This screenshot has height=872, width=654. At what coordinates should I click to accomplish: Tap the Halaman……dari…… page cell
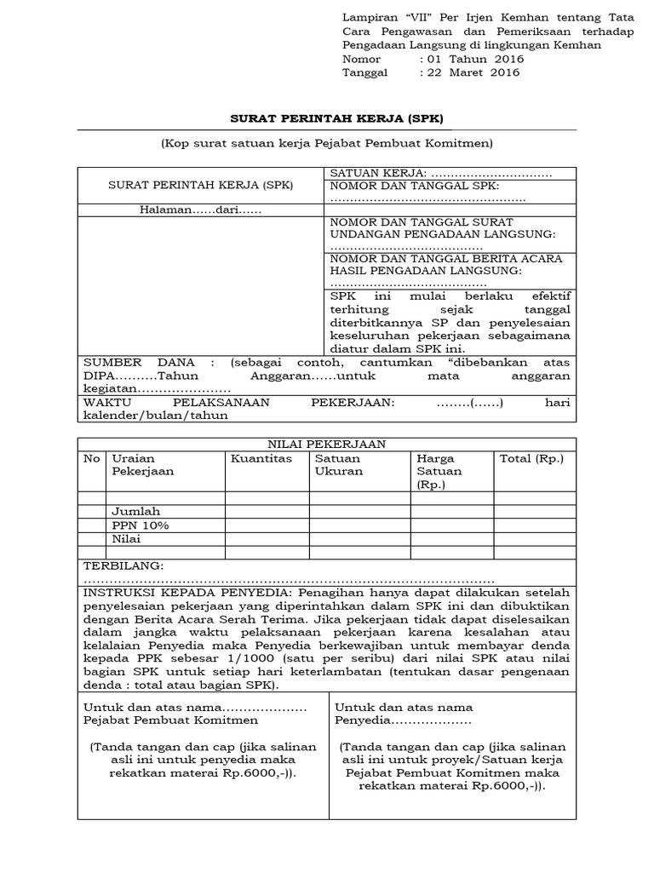pyautogui.click(x=200, y=209)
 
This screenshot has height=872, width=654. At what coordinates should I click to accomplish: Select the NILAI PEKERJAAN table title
pyautogui.click(x=326, y=444)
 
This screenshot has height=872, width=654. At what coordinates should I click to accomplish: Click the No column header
pyautogui.click(x=91, y=458)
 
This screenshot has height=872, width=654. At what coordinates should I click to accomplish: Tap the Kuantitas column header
pyautogui.click(x=261, y=458)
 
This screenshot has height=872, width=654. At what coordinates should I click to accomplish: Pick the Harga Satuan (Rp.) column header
pyautogui.click(x=439, y=471)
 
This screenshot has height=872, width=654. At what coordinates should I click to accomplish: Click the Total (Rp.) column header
pyautogui.click(x=531, y=458)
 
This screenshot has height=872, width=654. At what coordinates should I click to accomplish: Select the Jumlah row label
pyautogui.click(x=136, y=512)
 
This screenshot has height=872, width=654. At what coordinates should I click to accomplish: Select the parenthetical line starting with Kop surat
pyautogui.click(x=326, y=144)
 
